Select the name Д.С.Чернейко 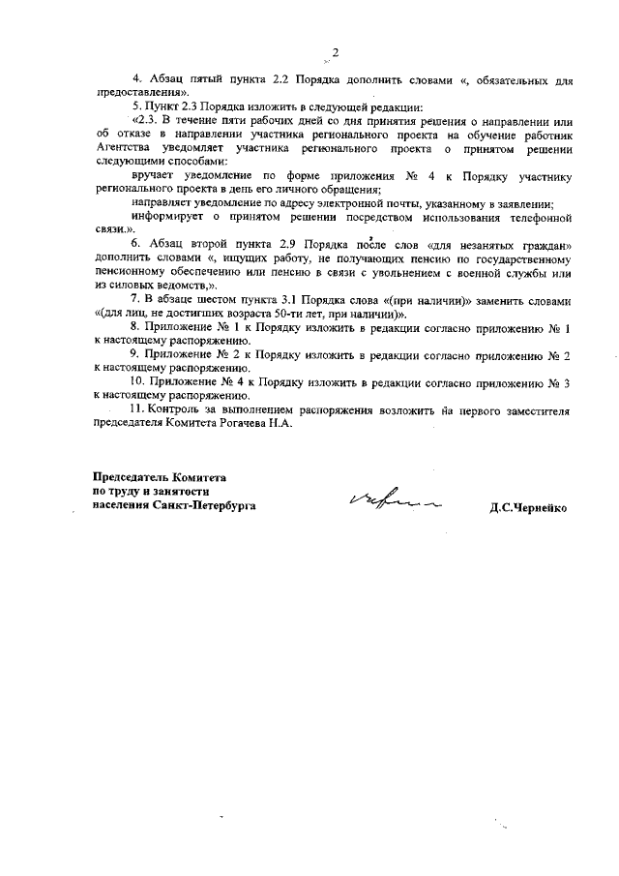(x=528, y=506)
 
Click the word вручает (x=153, y=176)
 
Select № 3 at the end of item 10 (x=559, y=382)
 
